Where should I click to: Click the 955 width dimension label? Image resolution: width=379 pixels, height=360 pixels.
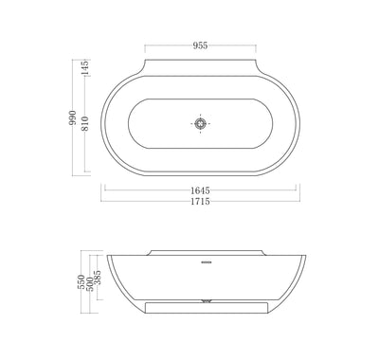pos(200,44)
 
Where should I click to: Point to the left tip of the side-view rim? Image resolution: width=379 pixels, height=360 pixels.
pos(105,257)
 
